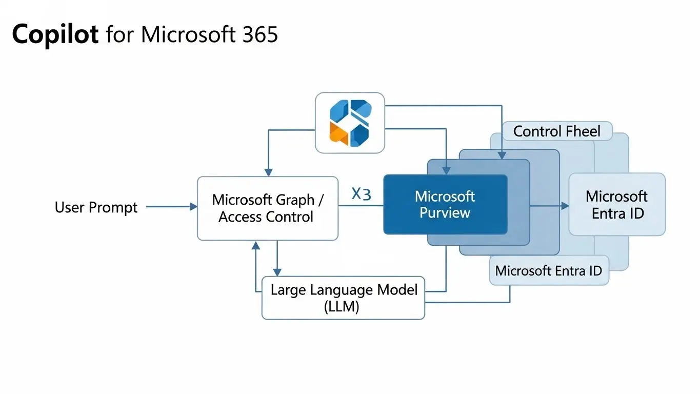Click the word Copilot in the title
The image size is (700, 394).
55,34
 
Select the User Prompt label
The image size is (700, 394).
96,207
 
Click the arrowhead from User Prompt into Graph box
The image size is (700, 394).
193,207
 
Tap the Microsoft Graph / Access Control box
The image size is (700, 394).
267,208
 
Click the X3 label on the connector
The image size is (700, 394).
361,194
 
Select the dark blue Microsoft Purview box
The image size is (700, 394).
445,204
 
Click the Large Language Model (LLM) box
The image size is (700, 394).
343,298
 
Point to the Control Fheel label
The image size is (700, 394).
556,131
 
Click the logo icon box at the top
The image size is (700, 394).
349,123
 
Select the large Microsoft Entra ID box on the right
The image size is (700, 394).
616,204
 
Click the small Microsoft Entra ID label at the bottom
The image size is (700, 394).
548,270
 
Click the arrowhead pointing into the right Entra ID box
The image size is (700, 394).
565,206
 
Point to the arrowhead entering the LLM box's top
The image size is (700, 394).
277,272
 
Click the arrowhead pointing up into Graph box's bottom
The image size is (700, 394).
255,245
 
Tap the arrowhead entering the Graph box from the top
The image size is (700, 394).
267,172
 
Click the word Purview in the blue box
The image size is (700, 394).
445,213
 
